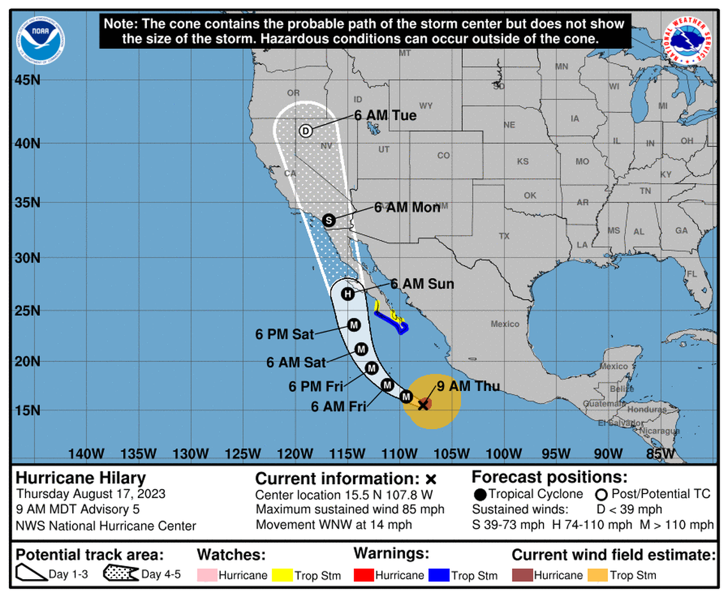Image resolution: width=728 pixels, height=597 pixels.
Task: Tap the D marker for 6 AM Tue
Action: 305,131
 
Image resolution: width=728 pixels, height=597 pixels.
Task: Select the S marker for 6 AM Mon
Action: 328,220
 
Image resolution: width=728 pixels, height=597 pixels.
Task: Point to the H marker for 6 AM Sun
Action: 347,294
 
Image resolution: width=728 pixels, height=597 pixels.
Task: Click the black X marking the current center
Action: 423,405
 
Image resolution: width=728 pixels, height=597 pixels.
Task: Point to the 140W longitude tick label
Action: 86,454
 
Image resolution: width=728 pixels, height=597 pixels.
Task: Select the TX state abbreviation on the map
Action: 504,236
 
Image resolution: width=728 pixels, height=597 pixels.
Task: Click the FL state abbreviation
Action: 690,274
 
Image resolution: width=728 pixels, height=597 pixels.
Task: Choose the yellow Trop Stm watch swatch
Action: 281,575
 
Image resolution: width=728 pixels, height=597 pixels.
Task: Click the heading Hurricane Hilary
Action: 80,478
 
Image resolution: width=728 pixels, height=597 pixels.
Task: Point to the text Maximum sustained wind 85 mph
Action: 350,510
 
